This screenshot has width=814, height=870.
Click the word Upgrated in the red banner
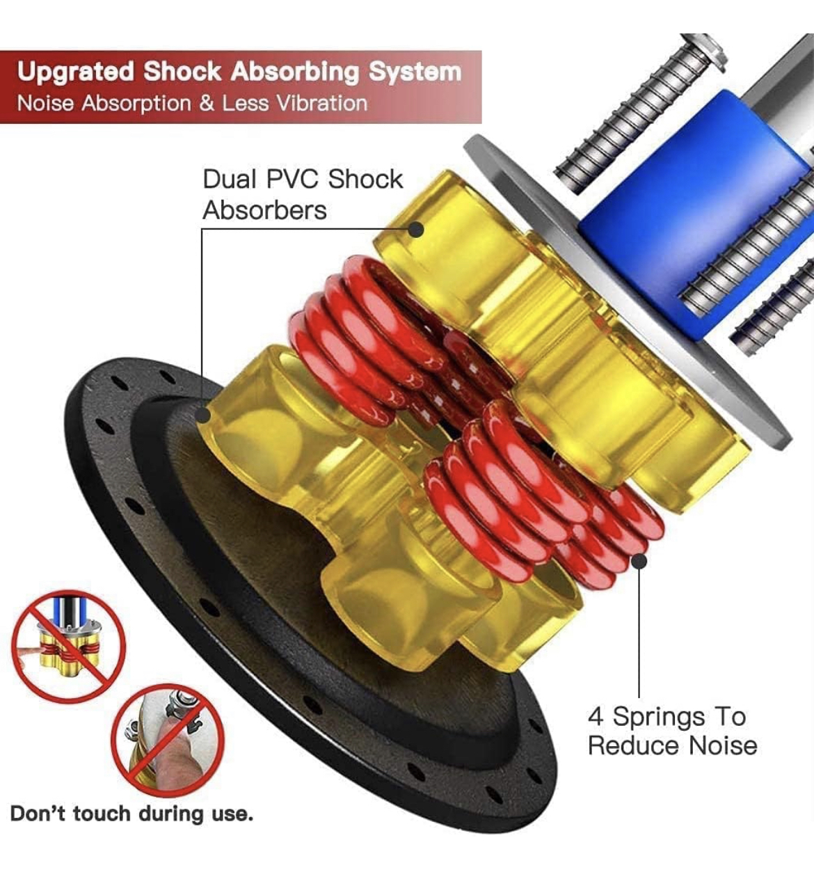coord(75,72)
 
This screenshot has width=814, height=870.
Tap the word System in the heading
coord(415,72)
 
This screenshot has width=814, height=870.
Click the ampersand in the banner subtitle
coord(207,104)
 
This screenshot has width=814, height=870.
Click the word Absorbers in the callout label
coord(264,211)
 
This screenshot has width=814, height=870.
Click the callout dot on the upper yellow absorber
coord(416,230)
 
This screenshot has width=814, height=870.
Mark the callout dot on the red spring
coord(639,561)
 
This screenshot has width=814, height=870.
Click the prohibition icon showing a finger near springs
coord(68,647)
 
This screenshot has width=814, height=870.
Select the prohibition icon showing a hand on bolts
coord(168,740)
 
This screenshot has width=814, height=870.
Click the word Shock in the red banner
coord(182,72)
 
